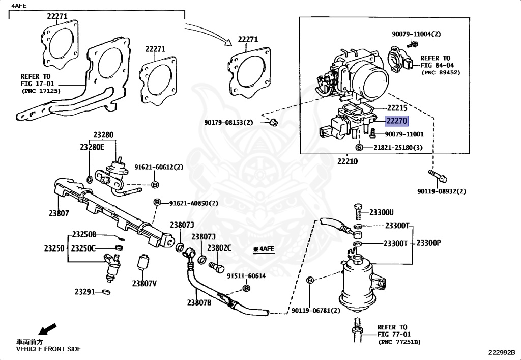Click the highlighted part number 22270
396,121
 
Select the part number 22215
396,108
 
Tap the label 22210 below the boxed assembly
348,161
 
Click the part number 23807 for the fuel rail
59,213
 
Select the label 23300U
382,212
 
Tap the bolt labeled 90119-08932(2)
438,176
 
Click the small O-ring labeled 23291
106,292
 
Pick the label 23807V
144,284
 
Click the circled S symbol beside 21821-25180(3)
359,147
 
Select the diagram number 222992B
502,352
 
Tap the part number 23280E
92,147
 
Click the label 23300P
428,243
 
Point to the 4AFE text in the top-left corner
19,5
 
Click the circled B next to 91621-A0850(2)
157,203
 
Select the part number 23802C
219,248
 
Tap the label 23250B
84,235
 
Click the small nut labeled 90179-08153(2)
274,122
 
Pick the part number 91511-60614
246,276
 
